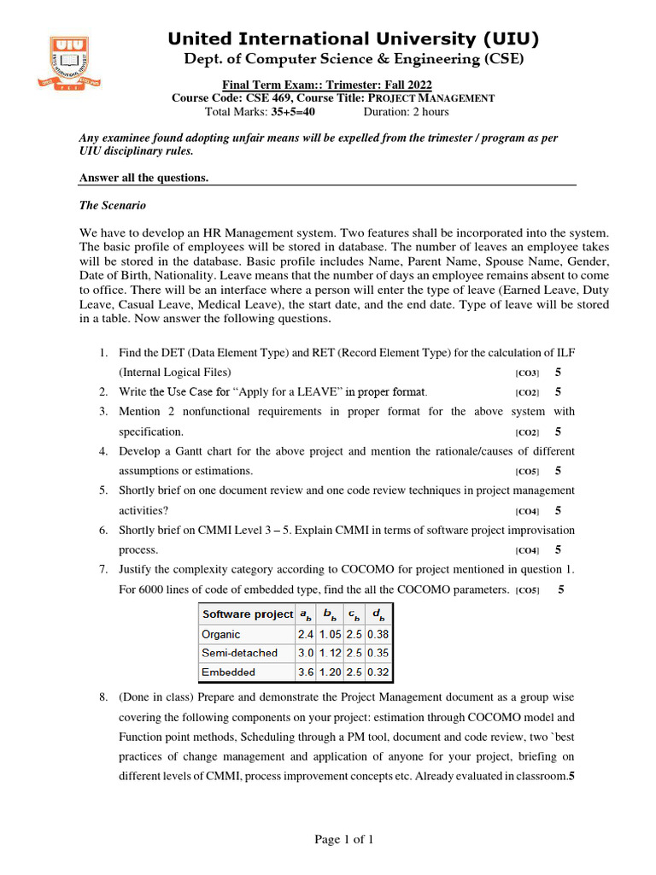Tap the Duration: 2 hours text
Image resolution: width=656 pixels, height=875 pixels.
point(406,112)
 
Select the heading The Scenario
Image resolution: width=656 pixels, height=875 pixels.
point(113,205)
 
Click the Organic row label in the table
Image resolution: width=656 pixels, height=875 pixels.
point(221,634)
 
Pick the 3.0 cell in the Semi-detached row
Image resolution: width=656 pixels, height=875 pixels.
point(306,653)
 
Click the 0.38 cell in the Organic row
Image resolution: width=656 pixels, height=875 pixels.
point(378,634)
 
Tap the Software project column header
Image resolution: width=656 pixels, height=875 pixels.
point(247,614)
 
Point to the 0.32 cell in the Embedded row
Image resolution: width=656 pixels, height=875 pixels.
point(378,672)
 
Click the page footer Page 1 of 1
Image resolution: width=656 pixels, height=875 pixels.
point(344,840)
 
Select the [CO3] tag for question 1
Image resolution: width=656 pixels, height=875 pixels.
point(527,373)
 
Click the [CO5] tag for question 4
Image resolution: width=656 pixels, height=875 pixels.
point(527,472)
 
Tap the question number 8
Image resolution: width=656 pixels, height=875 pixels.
point(102,697)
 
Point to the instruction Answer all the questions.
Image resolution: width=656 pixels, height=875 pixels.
point(143,178)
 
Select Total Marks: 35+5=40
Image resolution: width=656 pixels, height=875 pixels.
point(261,112)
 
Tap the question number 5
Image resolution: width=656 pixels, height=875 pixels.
point(102,490)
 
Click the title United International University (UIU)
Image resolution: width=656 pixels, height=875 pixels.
point(354,38)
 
